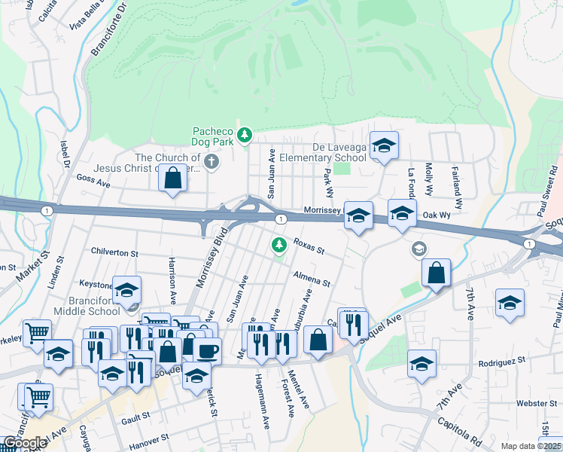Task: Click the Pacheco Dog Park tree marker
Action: (244, 136)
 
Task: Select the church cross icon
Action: (212, 161)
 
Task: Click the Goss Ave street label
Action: (93, 180)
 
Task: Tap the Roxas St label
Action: (309, 246)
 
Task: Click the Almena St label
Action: (312, 278)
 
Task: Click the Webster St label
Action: (537, 403)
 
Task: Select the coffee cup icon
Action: (207, 349)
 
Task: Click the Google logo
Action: (25, 443)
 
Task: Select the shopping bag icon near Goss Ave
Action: (173, 179)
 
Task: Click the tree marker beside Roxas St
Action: (279, 245)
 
